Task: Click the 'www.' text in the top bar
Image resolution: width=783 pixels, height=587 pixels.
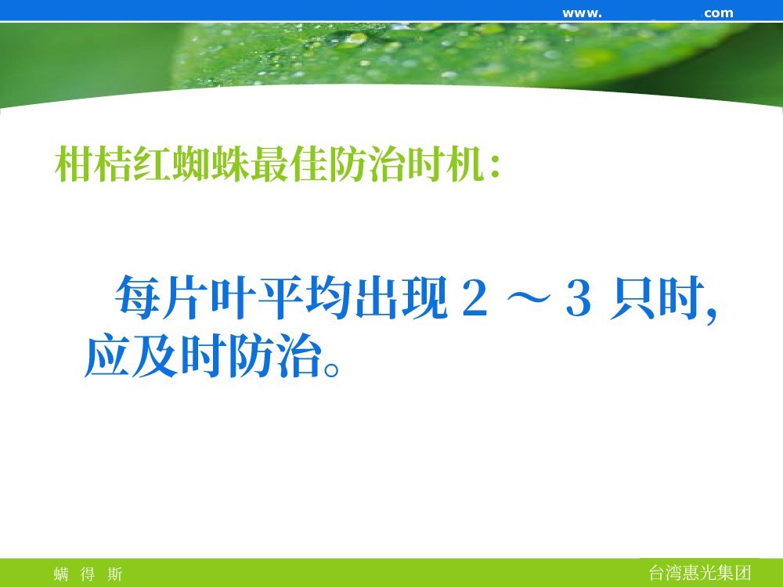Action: tap(583, 13)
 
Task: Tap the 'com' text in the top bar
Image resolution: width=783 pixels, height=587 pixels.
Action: tap(719, 13)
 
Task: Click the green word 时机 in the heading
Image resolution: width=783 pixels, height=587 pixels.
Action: tap(446, 164)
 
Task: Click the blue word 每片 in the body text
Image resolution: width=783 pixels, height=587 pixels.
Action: tap(161, 297)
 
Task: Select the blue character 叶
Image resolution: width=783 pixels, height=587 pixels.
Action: tap(233, 297)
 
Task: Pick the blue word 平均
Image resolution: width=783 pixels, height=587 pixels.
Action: tap(305, 297)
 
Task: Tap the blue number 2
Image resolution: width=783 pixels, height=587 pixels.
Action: tap(474, 297)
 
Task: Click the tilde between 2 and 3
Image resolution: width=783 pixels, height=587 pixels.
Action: tap(529, 299)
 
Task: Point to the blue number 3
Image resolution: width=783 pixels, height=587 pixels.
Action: tap(579, 298)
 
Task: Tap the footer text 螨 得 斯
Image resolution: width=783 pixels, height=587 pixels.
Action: tap(88, 574)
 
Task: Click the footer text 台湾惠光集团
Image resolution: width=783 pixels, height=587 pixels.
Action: tap(699, 573)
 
